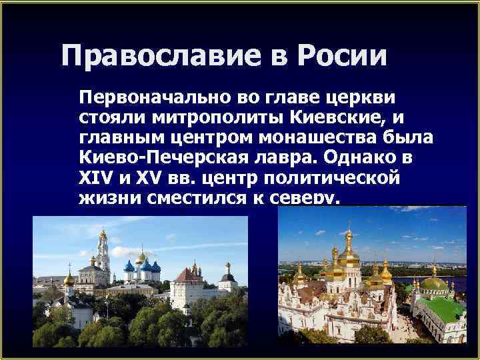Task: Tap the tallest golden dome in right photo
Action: pyautogui.click(x=348, y=250)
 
